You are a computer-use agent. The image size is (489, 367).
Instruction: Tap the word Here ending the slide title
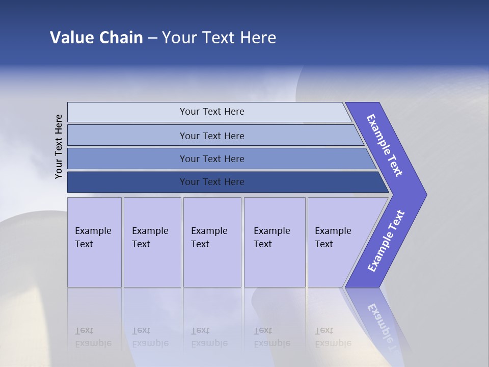pos(258,37)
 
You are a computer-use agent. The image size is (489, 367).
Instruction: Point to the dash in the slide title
pos(152,38)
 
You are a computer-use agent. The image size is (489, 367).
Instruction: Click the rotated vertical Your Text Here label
pos(59,146)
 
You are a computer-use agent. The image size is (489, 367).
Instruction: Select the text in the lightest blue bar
pos(212,112)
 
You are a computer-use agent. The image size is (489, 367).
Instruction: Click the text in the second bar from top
pos(212,136)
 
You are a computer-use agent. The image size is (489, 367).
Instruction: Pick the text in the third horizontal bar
pos(212,159)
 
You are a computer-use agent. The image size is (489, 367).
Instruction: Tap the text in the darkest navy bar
pos(212,182)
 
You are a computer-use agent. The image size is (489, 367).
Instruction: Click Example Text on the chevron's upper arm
pos(385,145)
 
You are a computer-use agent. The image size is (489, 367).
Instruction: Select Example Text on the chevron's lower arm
pos(386,241)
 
